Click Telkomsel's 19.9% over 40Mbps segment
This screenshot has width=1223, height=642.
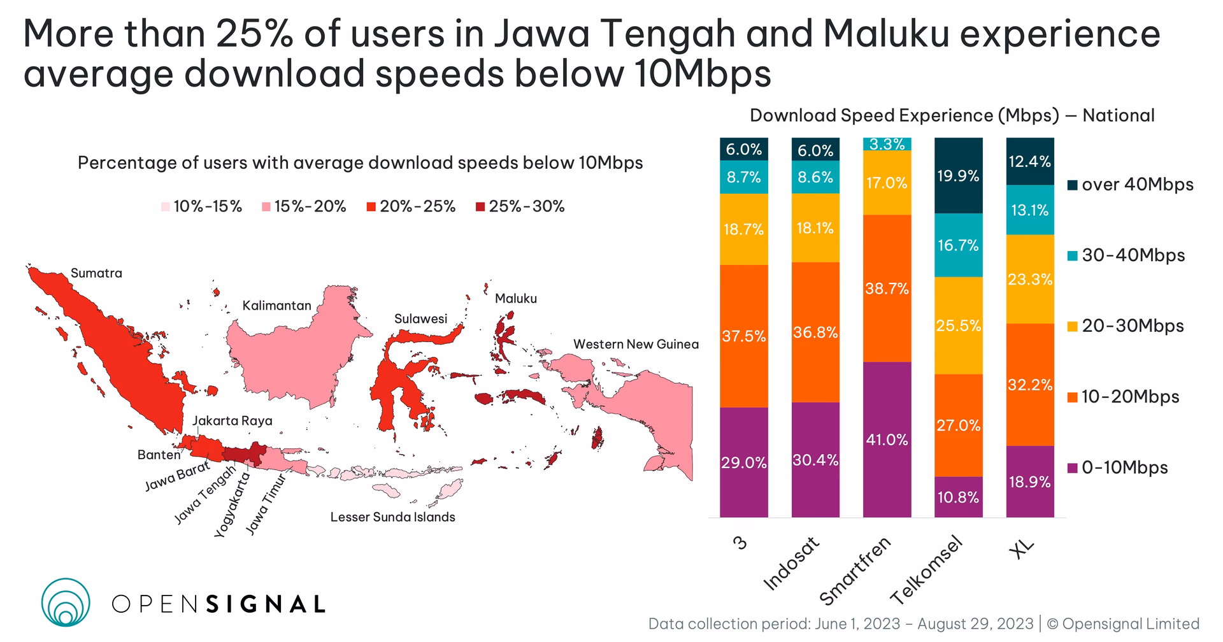click(958, 175)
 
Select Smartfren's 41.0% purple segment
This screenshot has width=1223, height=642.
click(887, 439)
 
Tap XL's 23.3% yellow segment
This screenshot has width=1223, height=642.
click(1030, 279)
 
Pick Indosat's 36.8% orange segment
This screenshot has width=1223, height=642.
click(815, 332)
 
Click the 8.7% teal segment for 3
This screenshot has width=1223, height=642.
click(743, 177)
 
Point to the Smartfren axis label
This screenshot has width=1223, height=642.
click(855, 571)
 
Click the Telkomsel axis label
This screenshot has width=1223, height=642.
click(926, 571)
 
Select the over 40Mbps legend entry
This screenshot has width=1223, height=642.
click(1130, 185)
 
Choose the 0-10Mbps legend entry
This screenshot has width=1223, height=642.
click(1125, 467)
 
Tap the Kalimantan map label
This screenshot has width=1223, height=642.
click(276, 306)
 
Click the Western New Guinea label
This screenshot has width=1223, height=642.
click(636, 345)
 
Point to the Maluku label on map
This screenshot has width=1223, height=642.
click(516, 299)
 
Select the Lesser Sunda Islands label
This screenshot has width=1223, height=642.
click(392, 517)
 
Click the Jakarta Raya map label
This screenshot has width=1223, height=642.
click(232, 421)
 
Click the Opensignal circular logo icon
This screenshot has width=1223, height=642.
click(66, 602)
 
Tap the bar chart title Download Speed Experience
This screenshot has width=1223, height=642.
click(952, 116)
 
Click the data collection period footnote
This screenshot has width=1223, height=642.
click(924, 624)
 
